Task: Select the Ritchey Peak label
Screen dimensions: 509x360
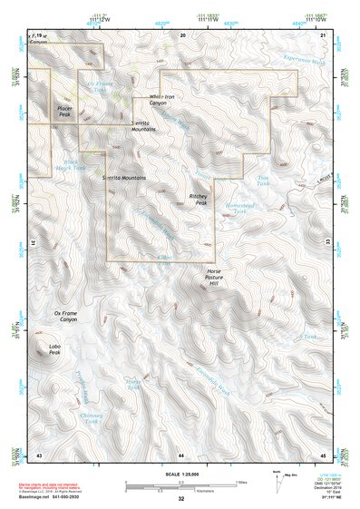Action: (198, 198)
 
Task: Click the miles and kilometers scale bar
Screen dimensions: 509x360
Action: (181, 484)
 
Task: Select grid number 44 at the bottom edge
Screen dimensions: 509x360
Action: (181, 455)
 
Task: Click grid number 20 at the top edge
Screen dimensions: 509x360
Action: (183, 34)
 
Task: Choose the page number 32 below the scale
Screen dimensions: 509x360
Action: (181, 499)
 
